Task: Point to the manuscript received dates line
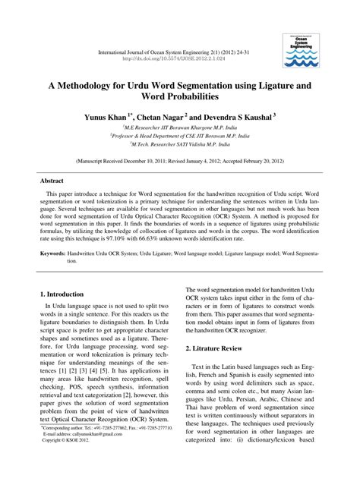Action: [179, 162]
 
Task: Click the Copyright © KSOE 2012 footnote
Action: [63, 460]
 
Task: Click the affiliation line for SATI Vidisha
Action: [179, 144]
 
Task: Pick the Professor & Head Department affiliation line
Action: [179, 136]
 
